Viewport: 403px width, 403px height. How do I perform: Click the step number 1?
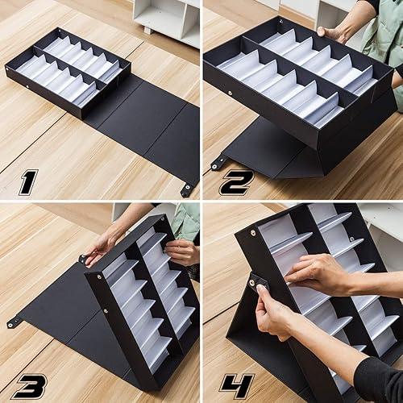27,181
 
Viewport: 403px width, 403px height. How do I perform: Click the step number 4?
235,384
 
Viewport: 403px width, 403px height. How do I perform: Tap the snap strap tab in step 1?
187,190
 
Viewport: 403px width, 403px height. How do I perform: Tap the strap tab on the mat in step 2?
218,163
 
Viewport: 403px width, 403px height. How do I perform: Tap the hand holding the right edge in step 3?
182,251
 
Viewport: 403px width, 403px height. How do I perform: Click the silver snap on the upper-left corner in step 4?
252,233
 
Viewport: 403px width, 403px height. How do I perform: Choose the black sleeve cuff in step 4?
380,379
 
